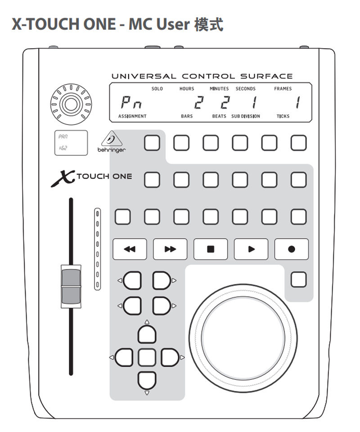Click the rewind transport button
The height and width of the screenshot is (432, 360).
click(130, 249)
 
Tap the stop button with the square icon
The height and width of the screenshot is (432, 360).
click(211, 249)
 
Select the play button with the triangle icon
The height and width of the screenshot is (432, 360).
click(251, 249)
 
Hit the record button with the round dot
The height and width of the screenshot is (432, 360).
click(292, 249)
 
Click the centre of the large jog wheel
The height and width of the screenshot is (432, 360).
click(243, 338)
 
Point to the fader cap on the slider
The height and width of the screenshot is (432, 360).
click(71, 286)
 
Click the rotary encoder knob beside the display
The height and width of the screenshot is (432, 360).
click(71, 105)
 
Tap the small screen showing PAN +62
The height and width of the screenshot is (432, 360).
click(71, 143)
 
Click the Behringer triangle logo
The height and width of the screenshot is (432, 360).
click(112, 139)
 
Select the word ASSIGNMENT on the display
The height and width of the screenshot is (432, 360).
click(132, 116)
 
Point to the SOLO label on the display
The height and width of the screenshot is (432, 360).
click(157, 89)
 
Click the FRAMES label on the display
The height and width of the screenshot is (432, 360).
click(283, 89)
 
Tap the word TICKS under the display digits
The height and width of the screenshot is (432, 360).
click(283, 116)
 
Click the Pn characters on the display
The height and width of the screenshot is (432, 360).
click(131, 103)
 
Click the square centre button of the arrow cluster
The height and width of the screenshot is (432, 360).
click(147, 357)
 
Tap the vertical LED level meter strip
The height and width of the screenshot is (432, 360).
click(98, 249)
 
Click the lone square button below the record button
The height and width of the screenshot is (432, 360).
click(299, 279)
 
